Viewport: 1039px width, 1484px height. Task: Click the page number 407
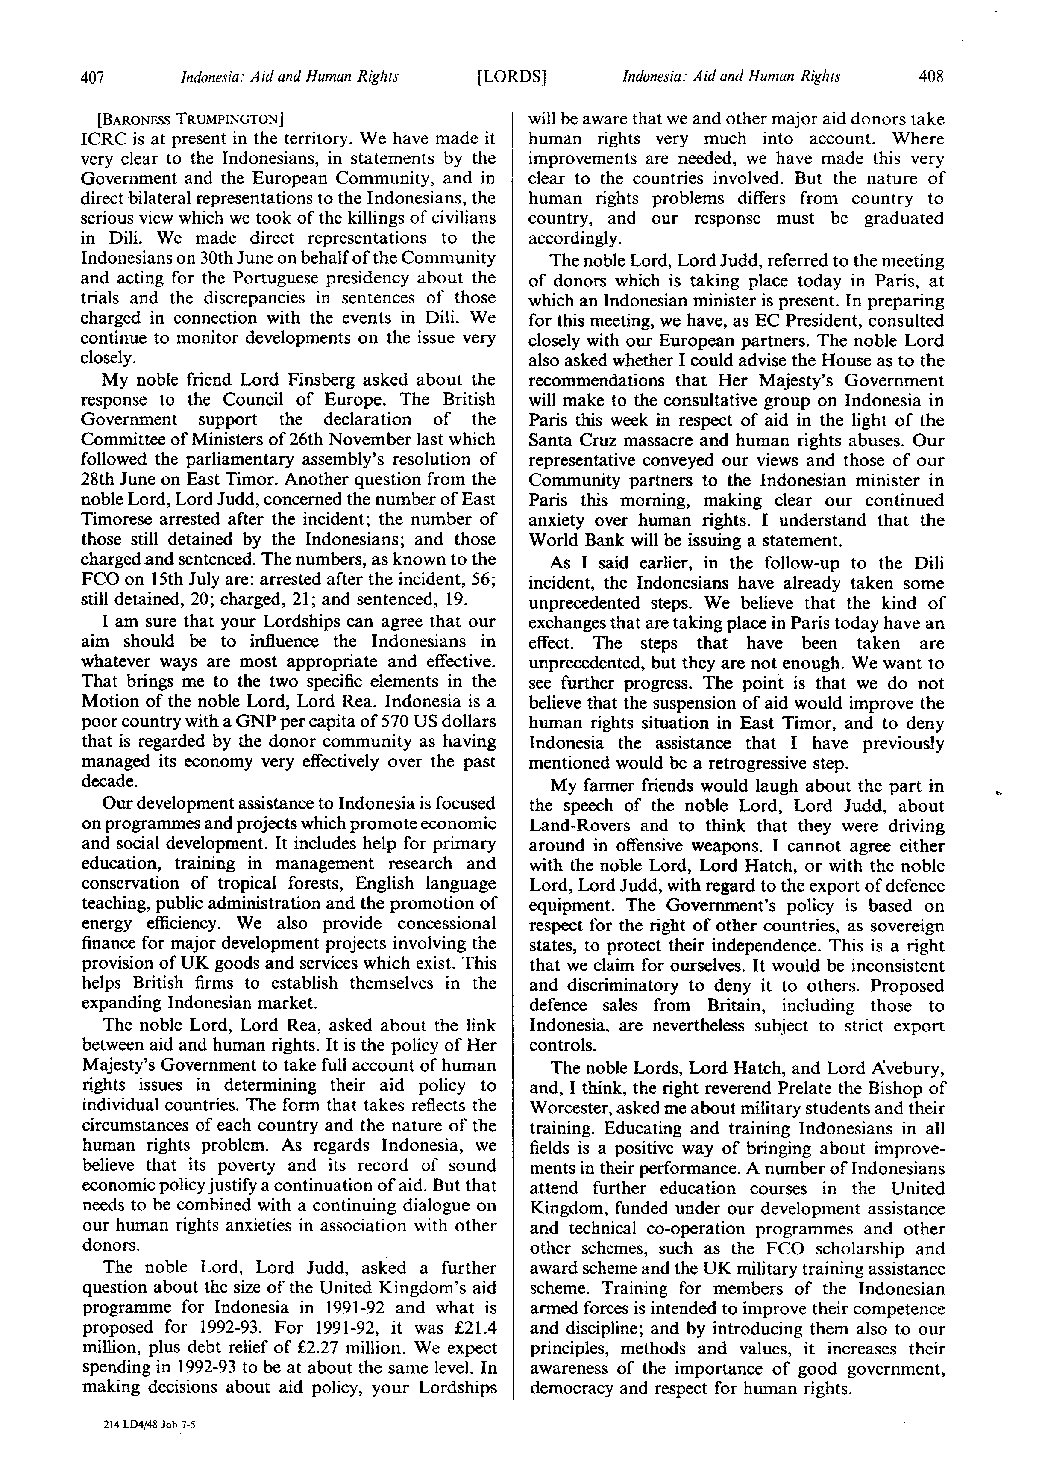pos(92,77)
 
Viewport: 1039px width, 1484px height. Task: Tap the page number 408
pos(930,77)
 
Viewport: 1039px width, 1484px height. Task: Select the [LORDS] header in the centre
pos(511,77)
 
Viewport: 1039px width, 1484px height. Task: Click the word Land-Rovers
pos(571,826)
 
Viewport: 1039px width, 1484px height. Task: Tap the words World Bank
pos(576,540)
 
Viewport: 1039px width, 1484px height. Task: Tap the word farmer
pos(613,786)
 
